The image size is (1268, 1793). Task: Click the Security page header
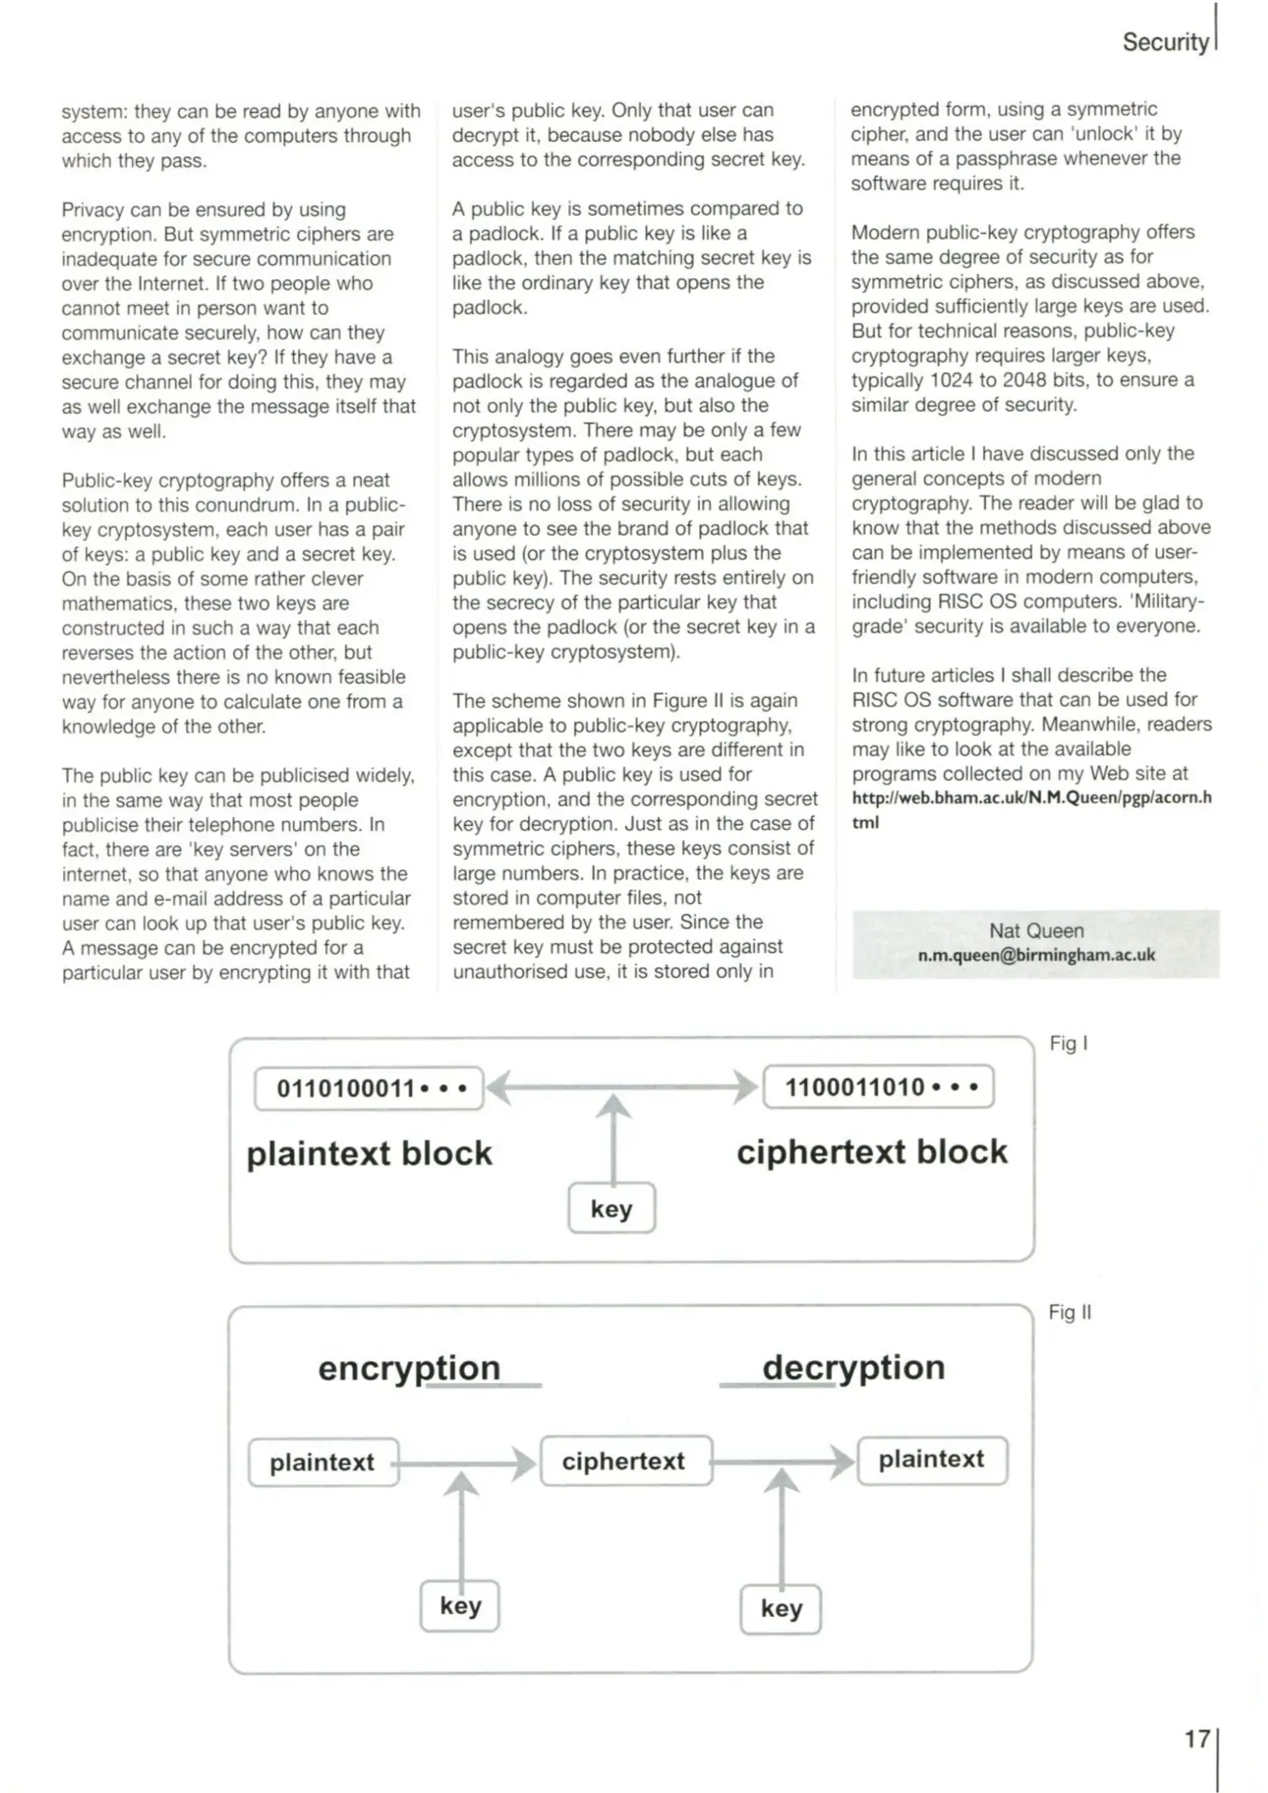click(1164, 42)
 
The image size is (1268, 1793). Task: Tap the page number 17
click(1197, 1738)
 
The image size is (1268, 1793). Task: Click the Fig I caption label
click(1068, 1043)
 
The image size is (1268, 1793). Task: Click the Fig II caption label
click(1070, 1312)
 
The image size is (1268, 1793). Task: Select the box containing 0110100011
click(369, 1088)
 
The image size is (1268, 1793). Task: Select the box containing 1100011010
click(878, 1087)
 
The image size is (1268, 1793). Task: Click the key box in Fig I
click(611, 1209)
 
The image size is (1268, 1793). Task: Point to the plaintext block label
click(370, 1154)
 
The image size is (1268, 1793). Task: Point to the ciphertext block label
click(872, 1152)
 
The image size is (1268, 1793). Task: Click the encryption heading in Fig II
click(409, 1368)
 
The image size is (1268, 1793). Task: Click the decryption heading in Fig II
click(854, 1367)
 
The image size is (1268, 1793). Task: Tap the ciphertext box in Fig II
click(624, 1461)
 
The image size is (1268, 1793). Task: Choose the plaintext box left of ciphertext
click(323, 1462)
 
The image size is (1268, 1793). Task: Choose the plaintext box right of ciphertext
click(932, 1459)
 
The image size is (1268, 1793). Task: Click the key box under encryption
click(460, 1605)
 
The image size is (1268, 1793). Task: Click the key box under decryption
click(781, 1609)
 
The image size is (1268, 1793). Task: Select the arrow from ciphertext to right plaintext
click(784, 1461)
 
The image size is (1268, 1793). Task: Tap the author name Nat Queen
click(1035, 931)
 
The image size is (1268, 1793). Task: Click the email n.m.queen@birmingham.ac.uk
click(1035, 955)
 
